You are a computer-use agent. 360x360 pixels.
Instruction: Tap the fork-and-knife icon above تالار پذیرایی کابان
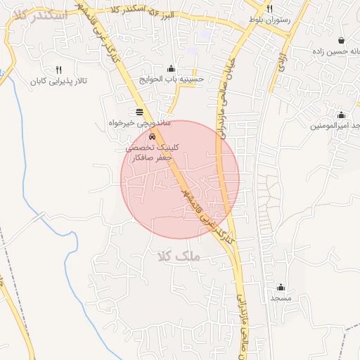click(58, 70)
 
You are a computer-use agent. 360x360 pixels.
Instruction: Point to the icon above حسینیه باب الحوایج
click(172, 68)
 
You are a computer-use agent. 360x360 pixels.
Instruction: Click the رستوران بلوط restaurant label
click(264, 20)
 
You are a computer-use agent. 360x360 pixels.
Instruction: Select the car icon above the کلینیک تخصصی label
click(153, 136)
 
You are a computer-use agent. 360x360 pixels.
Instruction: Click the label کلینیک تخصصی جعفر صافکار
click(152, 153)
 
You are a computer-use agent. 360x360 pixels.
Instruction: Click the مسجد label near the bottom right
click(281, 298)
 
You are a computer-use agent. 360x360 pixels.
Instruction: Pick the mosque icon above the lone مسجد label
click(281, 287)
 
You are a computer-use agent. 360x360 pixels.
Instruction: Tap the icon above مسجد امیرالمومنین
click(341, 115)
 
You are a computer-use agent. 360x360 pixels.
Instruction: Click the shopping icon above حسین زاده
click(341, 40)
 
